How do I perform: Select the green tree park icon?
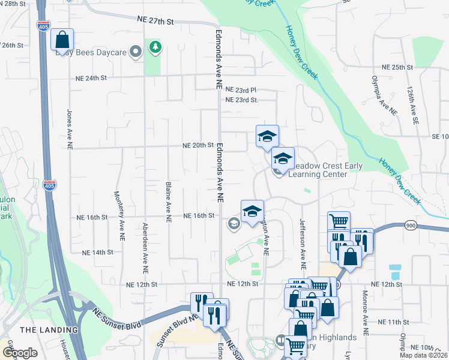click(x=155, y=47)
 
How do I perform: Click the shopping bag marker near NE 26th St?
click(x=62, y=40)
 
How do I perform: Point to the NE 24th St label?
click(x=91, y=78)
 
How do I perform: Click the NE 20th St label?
click(x=199, y=145)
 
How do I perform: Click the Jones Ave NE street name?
click(x=70, y=128)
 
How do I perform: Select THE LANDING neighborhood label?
click(x=49, y=330)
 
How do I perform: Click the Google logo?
click(x=20, y=353)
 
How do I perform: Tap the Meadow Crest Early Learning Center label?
click(x=318, y=170)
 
